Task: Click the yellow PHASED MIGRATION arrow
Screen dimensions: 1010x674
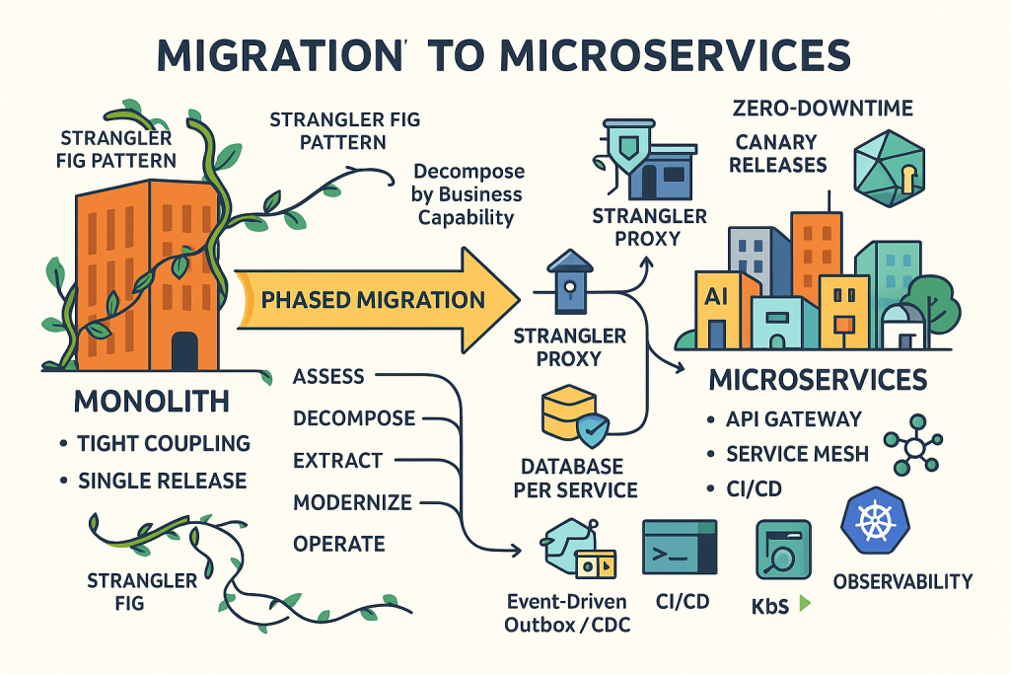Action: (375, 300)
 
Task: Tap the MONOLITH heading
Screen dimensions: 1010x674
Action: (152, 402)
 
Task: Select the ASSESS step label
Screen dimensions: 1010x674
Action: (328, 376)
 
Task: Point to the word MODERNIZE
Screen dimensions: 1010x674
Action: (352, 502)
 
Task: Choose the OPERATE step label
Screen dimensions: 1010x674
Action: (338, 544)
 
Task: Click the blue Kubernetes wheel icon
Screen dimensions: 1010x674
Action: (874, 521)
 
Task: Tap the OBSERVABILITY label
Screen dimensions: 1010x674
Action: (903, 581)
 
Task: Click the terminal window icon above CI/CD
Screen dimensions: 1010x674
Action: (680, 546)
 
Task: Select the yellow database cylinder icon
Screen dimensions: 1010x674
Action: (569, 413)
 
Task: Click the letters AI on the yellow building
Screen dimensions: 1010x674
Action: (717, 295)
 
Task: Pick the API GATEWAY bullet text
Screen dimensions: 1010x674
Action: (794, 418)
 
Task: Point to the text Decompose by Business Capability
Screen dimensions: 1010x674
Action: (469, 192)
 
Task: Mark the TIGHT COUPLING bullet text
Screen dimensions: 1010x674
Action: (164, 443)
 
